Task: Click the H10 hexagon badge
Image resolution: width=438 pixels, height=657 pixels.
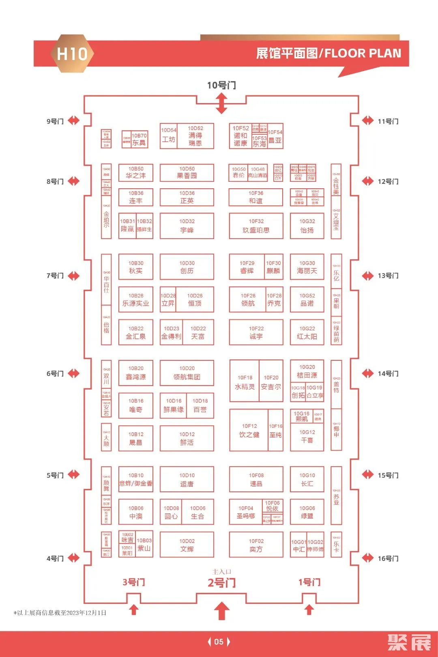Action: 72,54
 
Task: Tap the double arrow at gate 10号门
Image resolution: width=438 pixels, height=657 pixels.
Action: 221,103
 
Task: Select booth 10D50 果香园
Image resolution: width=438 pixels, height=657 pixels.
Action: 187,172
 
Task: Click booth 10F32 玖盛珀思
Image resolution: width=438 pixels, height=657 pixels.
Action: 256,226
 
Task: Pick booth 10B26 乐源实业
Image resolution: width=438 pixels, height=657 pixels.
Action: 136,299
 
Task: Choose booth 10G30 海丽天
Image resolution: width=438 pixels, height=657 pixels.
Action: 307,267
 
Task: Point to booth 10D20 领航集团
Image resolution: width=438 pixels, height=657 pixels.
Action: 187,373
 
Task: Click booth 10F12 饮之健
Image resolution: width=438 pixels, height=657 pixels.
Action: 249,430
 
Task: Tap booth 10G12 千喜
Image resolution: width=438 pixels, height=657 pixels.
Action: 307,437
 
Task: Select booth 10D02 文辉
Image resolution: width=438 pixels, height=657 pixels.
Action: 187,545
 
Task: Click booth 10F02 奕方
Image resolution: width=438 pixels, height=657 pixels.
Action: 256,545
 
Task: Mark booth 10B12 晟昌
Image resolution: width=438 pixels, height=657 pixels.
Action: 136,438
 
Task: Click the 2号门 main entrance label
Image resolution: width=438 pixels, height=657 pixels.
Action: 221,583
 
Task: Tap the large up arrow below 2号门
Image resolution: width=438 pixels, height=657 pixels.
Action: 221,610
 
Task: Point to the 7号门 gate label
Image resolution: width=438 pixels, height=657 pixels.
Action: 55,276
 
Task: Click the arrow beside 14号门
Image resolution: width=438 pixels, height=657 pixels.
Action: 367,373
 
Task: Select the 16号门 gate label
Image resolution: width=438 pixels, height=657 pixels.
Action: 388,559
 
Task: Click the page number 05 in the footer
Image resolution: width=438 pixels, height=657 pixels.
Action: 219,642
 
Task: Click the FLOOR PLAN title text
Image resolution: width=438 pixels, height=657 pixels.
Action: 363,53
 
